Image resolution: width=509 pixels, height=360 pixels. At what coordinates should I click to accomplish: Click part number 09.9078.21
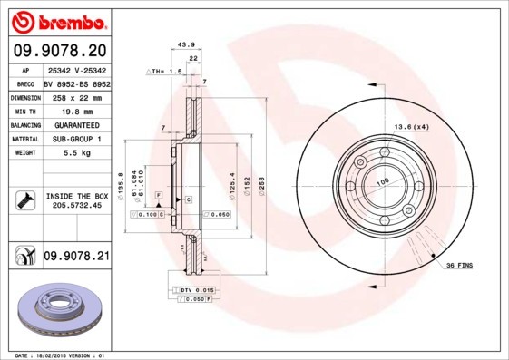pos(76,257)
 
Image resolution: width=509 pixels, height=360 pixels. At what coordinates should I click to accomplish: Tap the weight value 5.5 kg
pos(75,154)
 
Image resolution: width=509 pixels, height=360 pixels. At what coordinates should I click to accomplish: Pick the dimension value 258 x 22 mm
pos(75,96)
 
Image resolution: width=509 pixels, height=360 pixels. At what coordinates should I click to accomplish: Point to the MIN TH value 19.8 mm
pos(75,110)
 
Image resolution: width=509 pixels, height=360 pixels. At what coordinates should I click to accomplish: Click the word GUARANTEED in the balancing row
pos(75,124)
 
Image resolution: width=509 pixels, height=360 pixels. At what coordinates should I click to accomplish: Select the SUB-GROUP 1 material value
pos(75,139)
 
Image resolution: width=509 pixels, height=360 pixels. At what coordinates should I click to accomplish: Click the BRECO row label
pos(26,82)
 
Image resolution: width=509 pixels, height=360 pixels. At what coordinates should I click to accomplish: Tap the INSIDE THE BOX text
pos(76,196)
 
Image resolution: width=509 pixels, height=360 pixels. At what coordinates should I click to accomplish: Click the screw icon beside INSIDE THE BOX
pos(25,200)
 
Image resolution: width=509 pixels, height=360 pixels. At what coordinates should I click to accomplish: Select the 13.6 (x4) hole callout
pos(410,126)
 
